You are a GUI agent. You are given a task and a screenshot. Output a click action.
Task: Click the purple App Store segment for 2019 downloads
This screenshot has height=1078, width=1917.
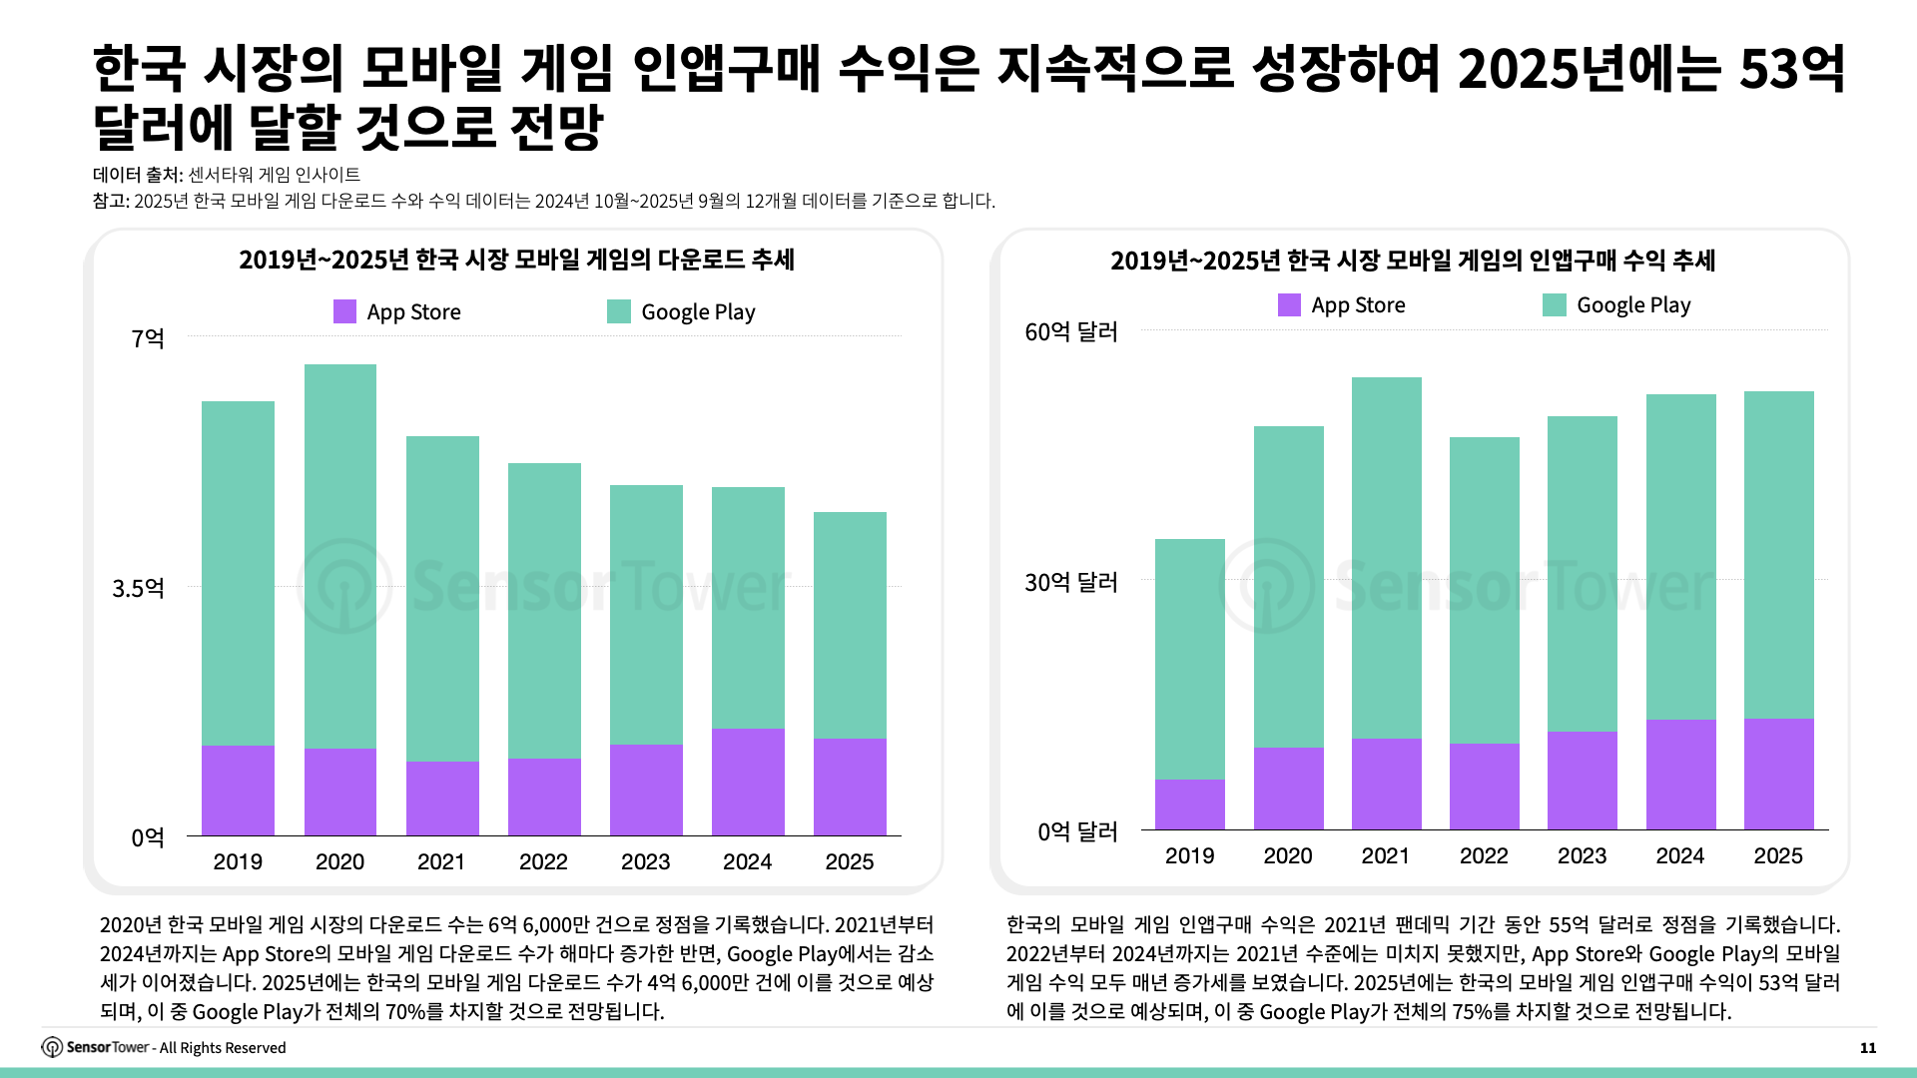pyautogui.click(x=238, y=791)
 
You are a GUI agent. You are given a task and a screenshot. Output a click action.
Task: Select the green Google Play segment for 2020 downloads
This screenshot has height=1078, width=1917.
pyautogui.click(x=339, y=555)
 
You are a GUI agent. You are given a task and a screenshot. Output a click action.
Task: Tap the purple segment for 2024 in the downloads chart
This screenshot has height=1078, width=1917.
pyautogui.click(x=748, y=782)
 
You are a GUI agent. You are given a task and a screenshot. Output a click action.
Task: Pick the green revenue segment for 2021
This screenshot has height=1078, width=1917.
pyautogui.click(x=1386, y=557)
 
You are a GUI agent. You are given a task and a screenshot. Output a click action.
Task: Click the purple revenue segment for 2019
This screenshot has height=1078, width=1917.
pyautogui.click(x=1189, y=805)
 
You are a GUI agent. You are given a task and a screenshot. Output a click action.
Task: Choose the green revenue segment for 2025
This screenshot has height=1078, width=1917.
pyautogui.click(x=1778, y=554)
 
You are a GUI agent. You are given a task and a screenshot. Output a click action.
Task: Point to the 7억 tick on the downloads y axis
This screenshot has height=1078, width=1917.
pyautogui.click(x=148, y=338)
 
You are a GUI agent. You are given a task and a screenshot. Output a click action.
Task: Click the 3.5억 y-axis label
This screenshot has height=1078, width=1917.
pyautogui.click(x=138, y=588)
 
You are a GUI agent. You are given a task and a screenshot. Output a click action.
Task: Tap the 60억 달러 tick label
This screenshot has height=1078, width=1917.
pyautogui.click(x=1070, y=331)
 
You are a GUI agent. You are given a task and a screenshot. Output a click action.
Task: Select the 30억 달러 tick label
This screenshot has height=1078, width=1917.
pyautogui.click(x=1070, y=582)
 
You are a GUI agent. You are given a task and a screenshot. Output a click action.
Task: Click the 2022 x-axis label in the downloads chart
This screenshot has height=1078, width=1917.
pyautogui.click(x=543, y=861)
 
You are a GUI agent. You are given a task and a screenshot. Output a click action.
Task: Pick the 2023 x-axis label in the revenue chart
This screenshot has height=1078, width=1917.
pyautogui.click(x=1582, y=855)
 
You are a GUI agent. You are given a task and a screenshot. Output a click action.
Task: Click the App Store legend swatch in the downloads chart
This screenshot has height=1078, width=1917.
pyautogui.click(x=344, y=311)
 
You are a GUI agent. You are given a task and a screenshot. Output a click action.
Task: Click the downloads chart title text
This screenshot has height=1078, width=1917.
pyautogui.click(x=516, y=260)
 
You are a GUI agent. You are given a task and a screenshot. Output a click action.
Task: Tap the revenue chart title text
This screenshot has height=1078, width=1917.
pyautogui.click(x=1412, y=261)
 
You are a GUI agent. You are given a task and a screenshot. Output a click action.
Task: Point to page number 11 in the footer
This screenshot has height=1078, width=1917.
pyautogui.click(x=1867, y=1047)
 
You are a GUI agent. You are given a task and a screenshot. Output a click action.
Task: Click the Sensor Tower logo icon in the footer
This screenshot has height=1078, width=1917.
pyautogui.click(x=52, y=1047)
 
